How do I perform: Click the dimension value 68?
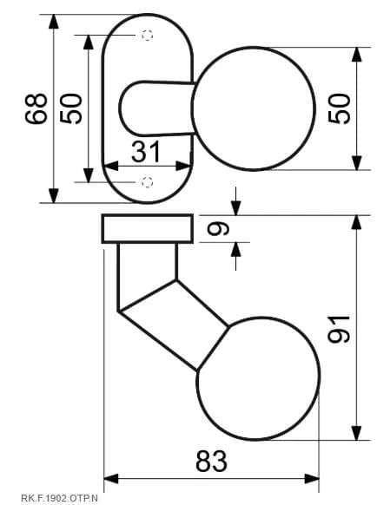36,108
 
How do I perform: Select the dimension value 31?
146,151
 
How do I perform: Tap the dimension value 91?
338,329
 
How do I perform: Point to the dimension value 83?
212,462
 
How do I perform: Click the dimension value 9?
218,229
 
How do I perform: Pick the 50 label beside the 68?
71,108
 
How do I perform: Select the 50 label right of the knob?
339,108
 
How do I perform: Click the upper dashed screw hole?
148,35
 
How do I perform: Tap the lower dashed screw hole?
148,182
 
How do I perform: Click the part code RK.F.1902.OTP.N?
59,498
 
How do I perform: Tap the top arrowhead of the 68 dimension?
54,22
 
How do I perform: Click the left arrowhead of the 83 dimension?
111,479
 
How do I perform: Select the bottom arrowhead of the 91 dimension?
356,432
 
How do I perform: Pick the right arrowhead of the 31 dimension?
183,167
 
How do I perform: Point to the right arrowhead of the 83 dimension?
312,479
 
